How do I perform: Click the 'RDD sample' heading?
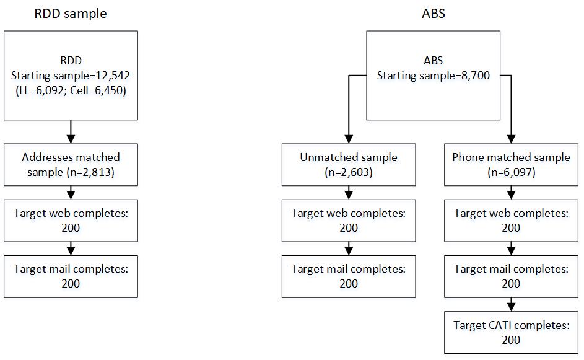coord(71,14)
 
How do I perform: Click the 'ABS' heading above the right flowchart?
coord(433,14)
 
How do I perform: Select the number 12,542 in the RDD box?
coord(113,76)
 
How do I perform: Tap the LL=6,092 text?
coord(41,90)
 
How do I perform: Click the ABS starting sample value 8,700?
coord(476,76)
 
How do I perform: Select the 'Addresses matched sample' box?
coord(71,165)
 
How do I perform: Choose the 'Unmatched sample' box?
coord(349,165)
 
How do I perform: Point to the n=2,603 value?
coord(349,172)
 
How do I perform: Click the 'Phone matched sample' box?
coord(511,165)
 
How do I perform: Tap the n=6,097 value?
coord(512,172)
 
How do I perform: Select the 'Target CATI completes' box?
coord(511,332)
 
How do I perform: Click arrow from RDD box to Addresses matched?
coord(71,131)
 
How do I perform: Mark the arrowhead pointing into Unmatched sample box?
coord(349,139)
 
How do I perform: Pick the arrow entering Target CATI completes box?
coord(511,304)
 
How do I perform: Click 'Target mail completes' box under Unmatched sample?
coord(349,276)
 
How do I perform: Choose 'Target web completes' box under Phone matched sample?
coord(511,221)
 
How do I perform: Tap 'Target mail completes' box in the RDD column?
coord(71,276)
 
